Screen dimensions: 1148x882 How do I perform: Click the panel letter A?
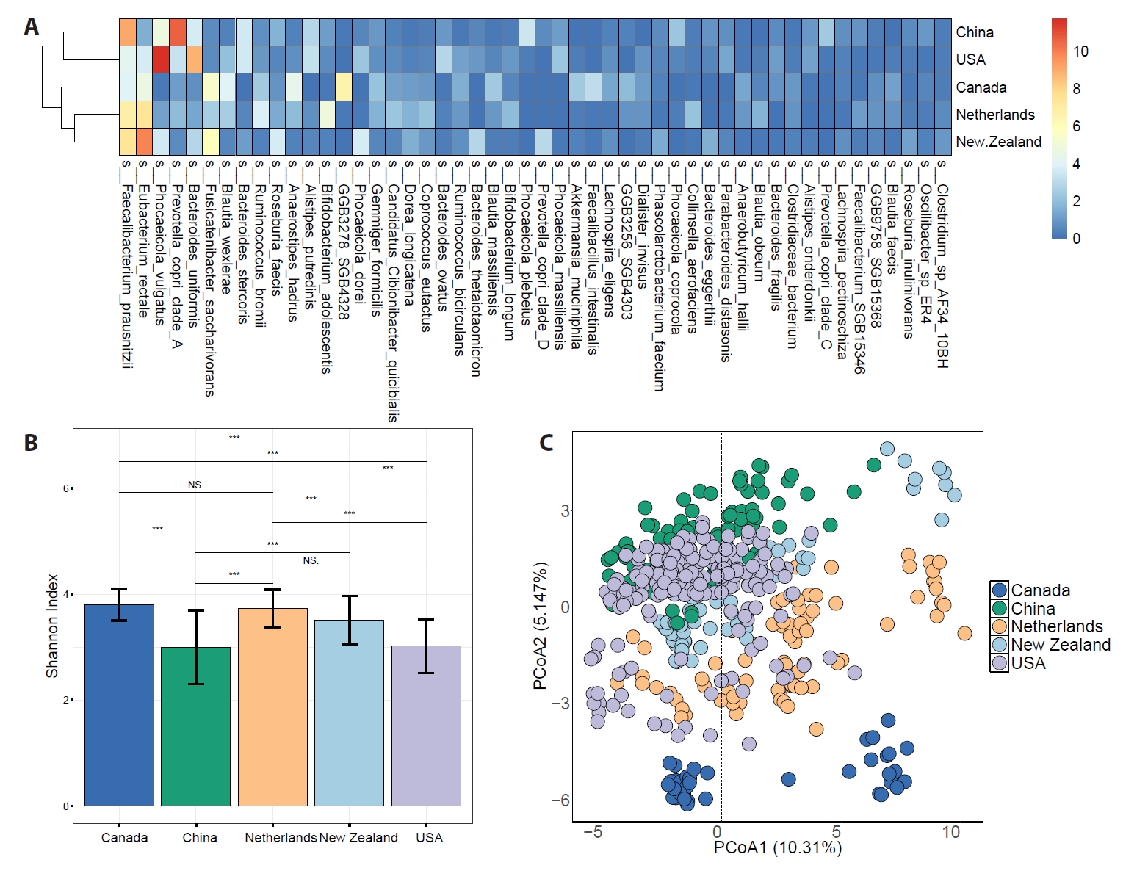(x=31, y=26)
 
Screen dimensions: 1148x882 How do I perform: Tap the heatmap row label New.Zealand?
(x=998, y=142)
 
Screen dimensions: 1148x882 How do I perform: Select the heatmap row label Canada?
(x=981, y=87)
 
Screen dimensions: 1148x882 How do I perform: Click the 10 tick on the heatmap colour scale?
(x=1080, y=51)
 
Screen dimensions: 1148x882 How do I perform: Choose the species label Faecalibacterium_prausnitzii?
(x=126, y=264)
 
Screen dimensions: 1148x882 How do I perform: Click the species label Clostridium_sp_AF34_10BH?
(x=942, y=264)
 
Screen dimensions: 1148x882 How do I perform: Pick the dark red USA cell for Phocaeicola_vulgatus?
(x=161, y=59)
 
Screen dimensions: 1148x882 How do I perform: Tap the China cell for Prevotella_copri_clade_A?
(x=178, y=32)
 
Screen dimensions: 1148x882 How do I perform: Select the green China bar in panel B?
(x=195, y=726)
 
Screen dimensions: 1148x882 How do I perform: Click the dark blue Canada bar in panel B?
(x=119, y=705)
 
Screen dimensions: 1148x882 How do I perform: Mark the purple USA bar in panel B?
(x=426, y=726)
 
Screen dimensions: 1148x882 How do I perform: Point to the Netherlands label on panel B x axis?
(x=281, y=838)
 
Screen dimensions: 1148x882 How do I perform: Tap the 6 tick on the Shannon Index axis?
(x=66, y=488)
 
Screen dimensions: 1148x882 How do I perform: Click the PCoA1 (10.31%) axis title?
(x=777, y=847)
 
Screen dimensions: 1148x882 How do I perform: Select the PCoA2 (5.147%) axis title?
(x=540, y=626)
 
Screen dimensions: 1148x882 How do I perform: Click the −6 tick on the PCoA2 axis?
(x=560, y=800)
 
